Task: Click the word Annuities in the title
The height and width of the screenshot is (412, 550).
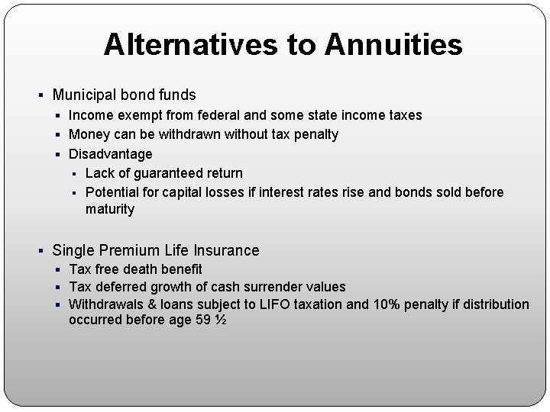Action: coord(393,45)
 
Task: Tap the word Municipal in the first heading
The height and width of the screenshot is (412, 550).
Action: coord(83,95)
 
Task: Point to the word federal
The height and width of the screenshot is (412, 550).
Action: coord(219,115)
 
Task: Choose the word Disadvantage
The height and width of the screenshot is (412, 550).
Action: coord(111,154)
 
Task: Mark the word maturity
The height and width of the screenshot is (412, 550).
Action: coord(110,209)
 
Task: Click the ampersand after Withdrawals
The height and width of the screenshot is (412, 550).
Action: coord(145,304)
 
